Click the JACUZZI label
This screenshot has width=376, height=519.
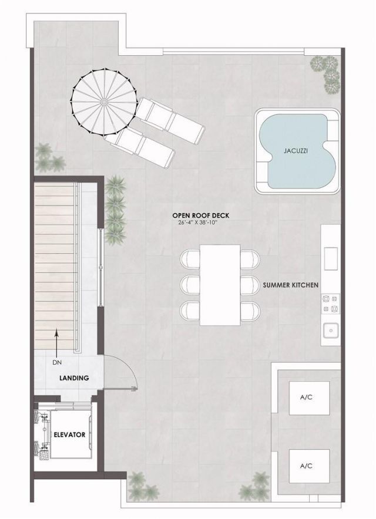click(296, 150)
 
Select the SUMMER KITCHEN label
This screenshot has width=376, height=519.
click(291, 285)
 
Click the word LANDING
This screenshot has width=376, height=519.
click(74, 378)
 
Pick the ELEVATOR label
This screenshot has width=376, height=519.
click(70, 435)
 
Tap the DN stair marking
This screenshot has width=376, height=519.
click(57, 362)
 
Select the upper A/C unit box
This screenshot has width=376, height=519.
click(305, 398)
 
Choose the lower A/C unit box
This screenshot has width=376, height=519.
click(305, 466)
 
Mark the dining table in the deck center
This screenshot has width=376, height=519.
click(220, 285)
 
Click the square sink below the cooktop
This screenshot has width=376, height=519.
click(330, 330)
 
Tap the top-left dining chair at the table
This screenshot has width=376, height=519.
click(190, 259)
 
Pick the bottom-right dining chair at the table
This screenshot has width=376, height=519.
click(250, 310)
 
